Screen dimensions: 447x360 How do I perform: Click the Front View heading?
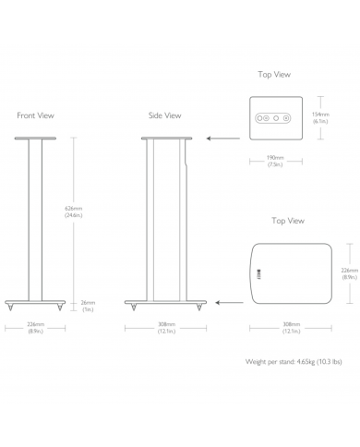35,115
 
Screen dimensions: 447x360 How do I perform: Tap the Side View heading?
164,115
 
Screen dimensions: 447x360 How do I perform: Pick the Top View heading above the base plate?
287,221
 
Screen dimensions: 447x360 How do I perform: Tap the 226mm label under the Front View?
35,327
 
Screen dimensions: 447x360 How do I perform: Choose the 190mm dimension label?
274,161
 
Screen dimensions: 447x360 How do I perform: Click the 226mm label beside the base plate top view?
346,273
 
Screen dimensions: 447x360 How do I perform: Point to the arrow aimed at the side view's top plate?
219,138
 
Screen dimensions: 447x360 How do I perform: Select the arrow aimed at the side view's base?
227,301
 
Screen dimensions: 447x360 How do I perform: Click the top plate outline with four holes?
273,117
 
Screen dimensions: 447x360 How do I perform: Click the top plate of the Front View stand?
35,138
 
